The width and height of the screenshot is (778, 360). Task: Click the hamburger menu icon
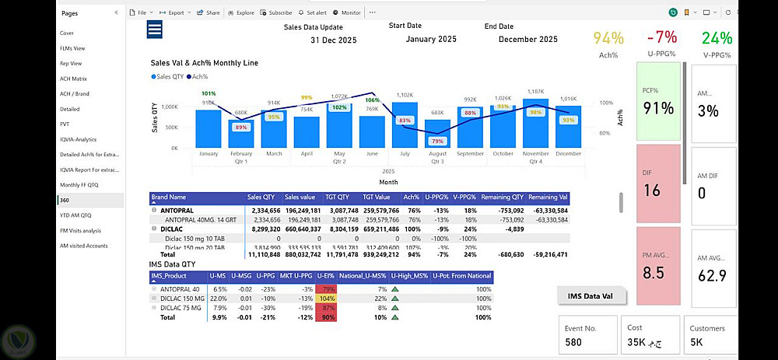coord(154,30)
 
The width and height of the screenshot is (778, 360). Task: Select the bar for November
coord(535,124)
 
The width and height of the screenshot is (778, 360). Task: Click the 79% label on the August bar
coord(437,141)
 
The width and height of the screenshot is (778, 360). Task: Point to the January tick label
coord(209,154)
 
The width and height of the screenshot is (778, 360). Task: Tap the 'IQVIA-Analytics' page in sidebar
coord(78,139)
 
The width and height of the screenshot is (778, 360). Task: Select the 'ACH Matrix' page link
coord(73,79)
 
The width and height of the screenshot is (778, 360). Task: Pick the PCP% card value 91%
coord(658,108)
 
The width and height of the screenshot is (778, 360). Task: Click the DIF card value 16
coord(652,190)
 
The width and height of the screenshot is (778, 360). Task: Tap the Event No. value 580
coord(573,342)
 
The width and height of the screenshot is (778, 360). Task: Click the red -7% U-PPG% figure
coord(661,37)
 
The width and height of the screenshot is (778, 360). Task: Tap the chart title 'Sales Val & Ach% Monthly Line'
coord(204,63)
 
